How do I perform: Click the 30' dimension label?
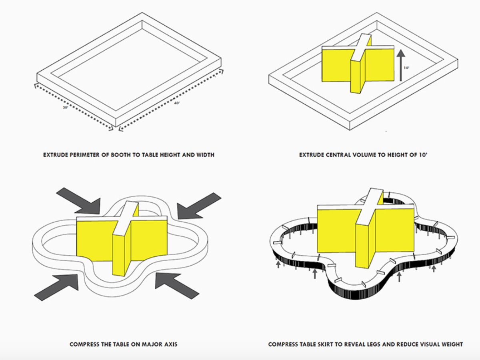click(x=65, y=107)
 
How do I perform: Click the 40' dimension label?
click(x=177, y=103)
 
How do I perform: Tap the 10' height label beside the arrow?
click(x=406, y=68)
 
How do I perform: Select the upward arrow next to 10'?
click(x=401, y=65)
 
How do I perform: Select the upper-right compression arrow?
click(x=199, y=206)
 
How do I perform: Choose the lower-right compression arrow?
click(x=177, y=286)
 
